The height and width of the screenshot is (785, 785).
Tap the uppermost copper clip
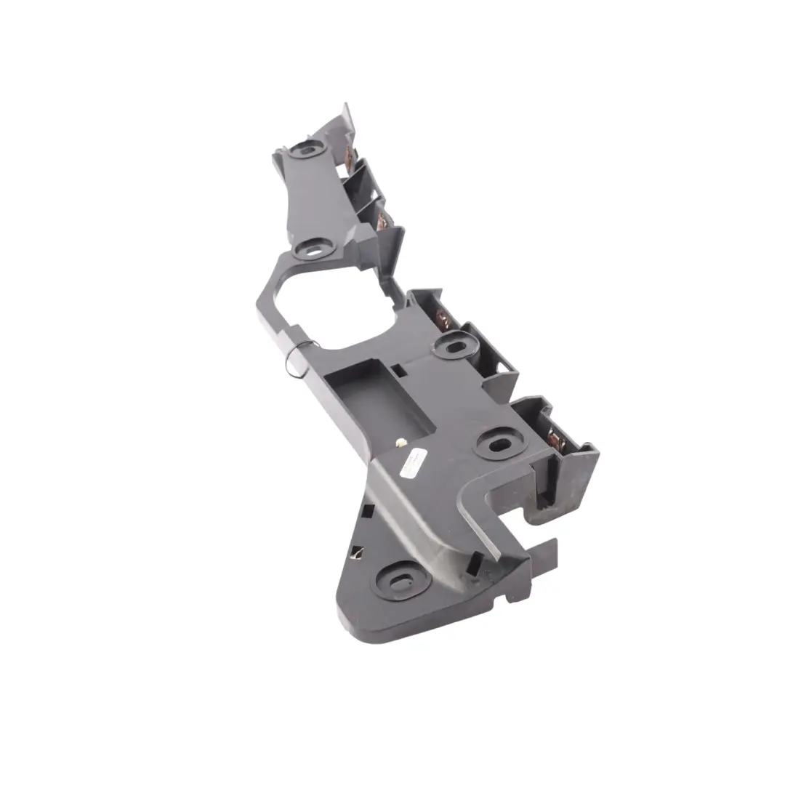[x=353, y=156]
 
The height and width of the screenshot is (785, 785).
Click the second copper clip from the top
[x=381, y=219]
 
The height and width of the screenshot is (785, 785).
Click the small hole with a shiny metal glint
[x=357, y=552]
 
